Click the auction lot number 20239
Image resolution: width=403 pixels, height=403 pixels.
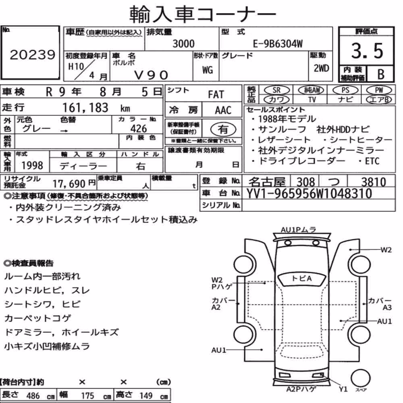[33, 55]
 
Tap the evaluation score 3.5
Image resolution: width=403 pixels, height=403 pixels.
[367, 51]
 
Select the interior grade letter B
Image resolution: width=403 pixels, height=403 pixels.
[381, 74]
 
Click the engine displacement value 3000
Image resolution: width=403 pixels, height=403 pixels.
[183, 44]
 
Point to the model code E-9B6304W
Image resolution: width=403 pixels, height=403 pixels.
[278, 44]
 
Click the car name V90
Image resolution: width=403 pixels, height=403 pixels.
[151, 75]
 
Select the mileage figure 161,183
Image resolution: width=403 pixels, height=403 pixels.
[85, 108]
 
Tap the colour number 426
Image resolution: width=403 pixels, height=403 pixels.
[139, 129]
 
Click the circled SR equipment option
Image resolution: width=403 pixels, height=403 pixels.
[276, 90]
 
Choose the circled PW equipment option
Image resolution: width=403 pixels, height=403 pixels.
[379, 90]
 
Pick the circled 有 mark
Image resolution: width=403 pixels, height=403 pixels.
[223, 129]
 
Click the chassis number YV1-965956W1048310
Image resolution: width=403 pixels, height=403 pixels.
[309, 193]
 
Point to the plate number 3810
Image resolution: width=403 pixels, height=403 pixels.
[374, 182]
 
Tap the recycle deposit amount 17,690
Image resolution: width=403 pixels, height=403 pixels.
[69, 184]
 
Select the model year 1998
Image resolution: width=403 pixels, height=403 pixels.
[32, 166]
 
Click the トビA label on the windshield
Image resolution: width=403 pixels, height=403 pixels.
[301, 278]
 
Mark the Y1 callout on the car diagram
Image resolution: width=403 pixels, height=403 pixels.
[343, 389]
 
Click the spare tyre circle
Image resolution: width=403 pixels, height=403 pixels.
[360, 378]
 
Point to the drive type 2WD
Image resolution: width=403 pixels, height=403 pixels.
[321, 68]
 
